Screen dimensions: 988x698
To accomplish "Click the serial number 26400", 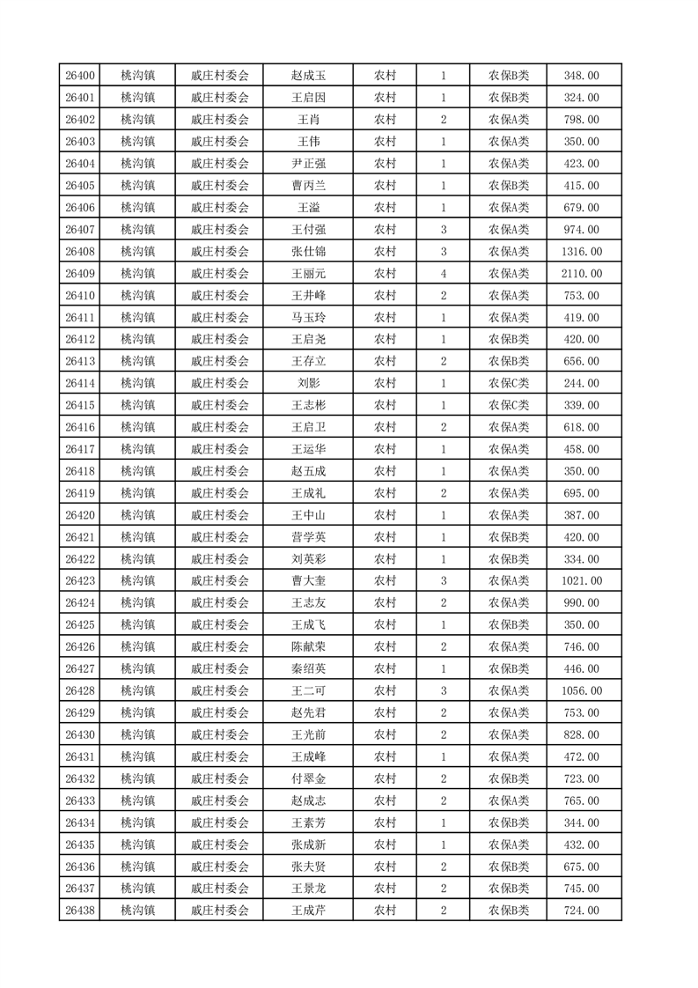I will coord(80,76).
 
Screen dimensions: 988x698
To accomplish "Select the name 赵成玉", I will coord(308,76).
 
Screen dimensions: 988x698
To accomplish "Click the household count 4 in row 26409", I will coord(443,274).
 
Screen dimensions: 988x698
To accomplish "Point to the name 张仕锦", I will coord(308,252).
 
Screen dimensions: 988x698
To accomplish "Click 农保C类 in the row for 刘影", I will coord(509,383).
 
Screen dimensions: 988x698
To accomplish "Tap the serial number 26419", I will coord(80,493).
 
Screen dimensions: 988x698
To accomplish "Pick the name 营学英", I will coord(308,537).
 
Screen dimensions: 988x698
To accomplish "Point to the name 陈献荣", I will coord(308,646).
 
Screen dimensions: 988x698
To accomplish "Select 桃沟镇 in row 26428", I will coord(138,690).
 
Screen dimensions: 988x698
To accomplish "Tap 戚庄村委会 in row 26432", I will coord(220,778).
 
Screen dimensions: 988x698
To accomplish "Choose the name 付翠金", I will coord(308,778).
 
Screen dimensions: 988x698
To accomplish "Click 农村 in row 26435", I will coord(385,844).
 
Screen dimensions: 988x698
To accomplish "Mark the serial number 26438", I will coord(80,911).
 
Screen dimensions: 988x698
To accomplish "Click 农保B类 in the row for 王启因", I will coord(509,98).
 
